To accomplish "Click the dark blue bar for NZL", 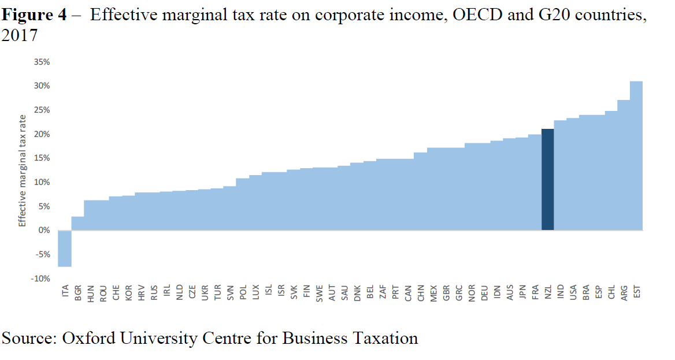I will point(547,179).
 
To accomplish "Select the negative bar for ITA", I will point(64,248).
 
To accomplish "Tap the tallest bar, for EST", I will point(636,155).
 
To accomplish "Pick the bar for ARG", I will point(624,165).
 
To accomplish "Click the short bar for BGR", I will point(77,224).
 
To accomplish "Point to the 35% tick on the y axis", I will point(42,62).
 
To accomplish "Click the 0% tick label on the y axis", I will point(44,231).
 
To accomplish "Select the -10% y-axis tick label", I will point(41,279).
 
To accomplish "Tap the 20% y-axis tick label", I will point(42,134).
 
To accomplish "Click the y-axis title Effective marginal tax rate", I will point(22,170).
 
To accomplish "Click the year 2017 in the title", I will point(20,36).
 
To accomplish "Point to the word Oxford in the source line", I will point(86,338).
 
